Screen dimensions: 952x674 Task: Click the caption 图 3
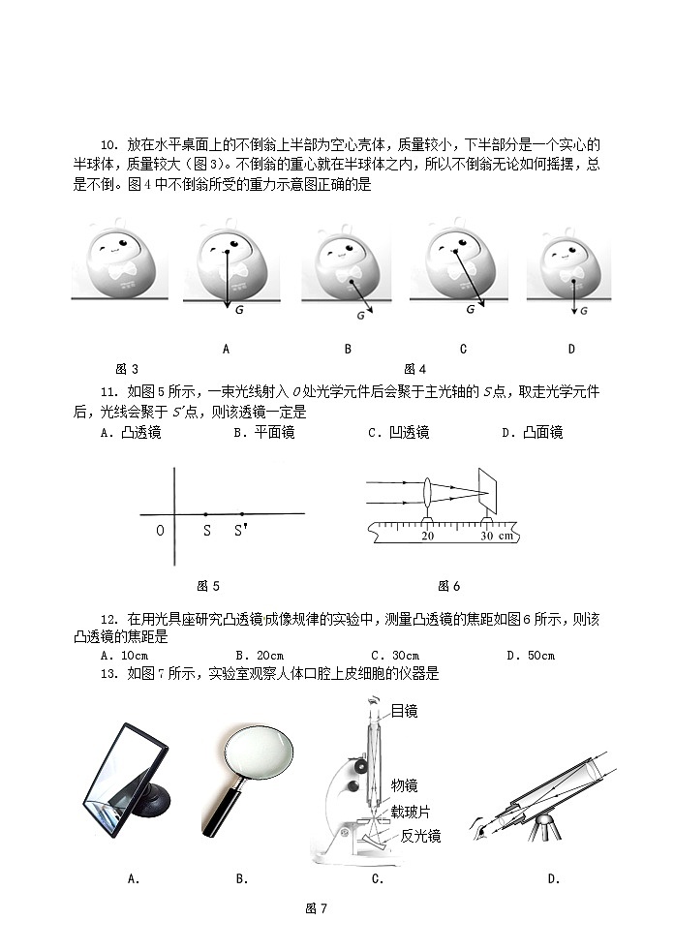pos(127,369)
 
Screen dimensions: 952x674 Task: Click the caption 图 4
pos(414,369)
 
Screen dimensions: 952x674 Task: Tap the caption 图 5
pos(208,586)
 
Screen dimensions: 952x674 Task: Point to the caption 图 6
pos(448,586)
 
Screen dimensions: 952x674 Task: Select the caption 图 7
pos(317,907)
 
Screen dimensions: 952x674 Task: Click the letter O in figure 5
pos(160,531)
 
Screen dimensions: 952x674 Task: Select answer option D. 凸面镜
pos(532,433)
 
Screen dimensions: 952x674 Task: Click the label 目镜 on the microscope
pos(404,712)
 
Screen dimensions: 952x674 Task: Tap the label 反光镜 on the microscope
pos(420,836)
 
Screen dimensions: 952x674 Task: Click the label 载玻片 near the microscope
pos(411,811)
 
